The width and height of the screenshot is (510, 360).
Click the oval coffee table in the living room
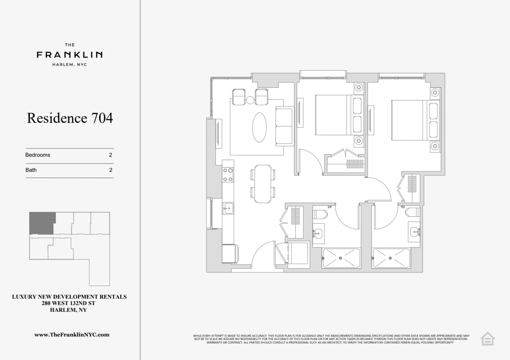(259, 127)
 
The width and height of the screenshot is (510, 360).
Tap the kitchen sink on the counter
(228, 208)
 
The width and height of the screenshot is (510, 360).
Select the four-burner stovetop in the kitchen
(228, 175)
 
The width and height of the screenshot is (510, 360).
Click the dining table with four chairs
(263, 184)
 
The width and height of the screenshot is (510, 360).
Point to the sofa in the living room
(284, 126)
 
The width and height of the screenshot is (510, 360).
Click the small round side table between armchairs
(250, 100)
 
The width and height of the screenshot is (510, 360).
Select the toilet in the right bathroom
(412, 212)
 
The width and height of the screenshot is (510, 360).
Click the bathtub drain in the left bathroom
(340, 258)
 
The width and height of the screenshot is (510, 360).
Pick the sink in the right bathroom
(414, 232)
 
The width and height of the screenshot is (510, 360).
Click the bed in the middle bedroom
(333, 115)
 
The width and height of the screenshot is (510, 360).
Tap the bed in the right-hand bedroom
(409, 120)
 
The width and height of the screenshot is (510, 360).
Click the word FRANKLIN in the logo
(70, 55)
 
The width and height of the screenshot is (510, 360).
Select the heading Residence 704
(70, 118)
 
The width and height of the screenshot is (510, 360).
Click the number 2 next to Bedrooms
(111, 155)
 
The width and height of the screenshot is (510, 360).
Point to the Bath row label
(31, 170)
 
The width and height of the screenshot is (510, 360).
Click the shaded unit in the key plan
(42, 223)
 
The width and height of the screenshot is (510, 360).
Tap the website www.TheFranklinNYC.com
(72, 335)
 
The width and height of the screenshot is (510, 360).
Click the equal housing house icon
(487, 338)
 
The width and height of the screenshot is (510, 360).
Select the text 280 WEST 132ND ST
(68, 303)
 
